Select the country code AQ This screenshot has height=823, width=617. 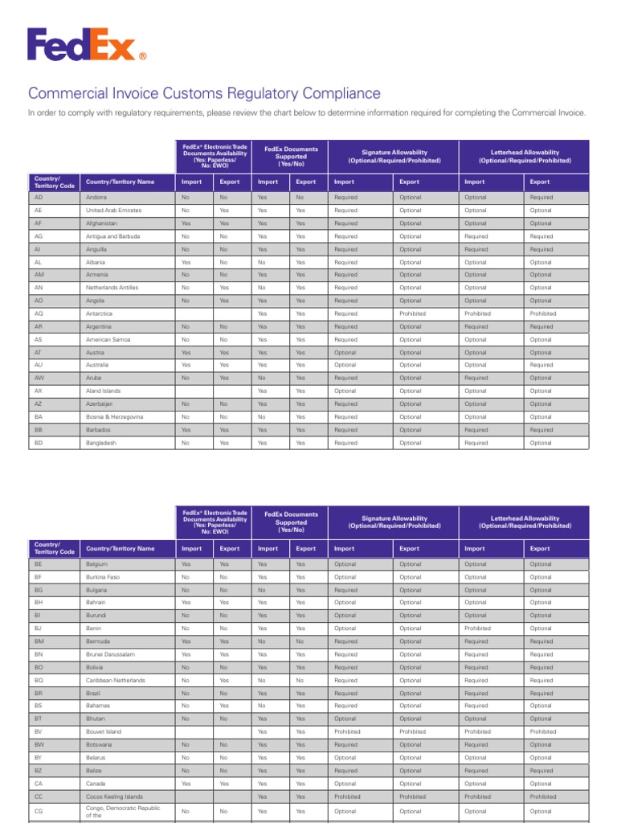tap(39, 313)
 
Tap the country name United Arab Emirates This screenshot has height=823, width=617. tap(114, 211)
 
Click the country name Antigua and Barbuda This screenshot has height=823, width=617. tap(112, 236)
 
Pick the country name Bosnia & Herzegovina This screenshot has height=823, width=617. tap(114, 417)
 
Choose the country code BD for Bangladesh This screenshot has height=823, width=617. tap(39, 443)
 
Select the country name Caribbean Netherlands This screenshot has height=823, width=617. tap(116, 680)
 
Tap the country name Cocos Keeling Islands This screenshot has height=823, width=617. tap(114, 796)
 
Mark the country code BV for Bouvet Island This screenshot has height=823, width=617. tap(39, 732)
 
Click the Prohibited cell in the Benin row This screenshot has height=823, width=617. tap(477, 629)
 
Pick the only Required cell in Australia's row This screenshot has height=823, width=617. tap(541, 365)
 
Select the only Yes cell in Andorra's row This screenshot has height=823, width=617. tap(262, 197)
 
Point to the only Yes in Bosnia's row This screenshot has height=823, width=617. tap(300, 417)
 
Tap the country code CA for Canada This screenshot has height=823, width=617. tap(39, 784)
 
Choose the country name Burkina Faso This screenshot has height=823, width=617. tap(104, 577)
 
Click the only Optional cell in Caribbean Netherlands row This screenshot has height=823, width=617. tap(410, 680)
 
